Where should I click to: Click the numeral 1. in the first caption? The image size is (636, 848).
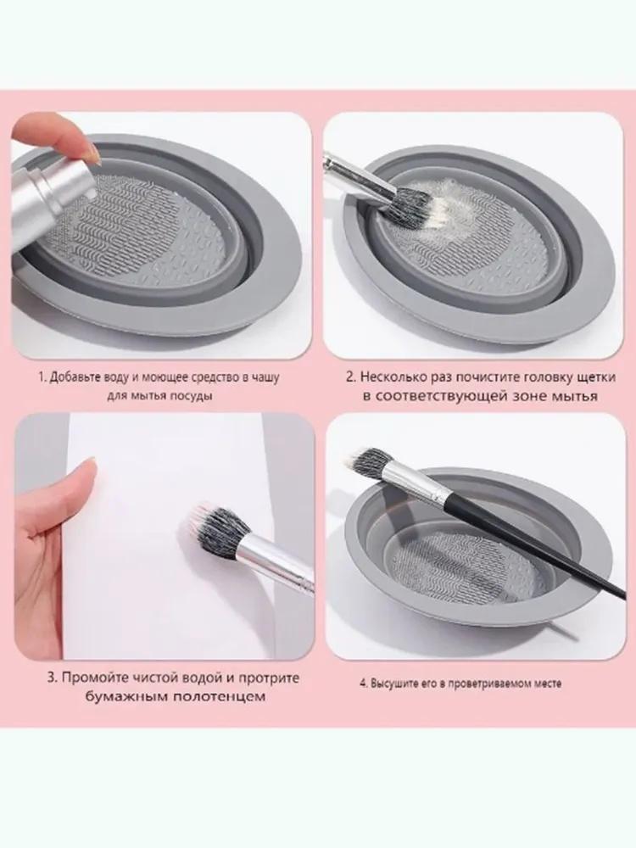(x=42, y=376)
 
